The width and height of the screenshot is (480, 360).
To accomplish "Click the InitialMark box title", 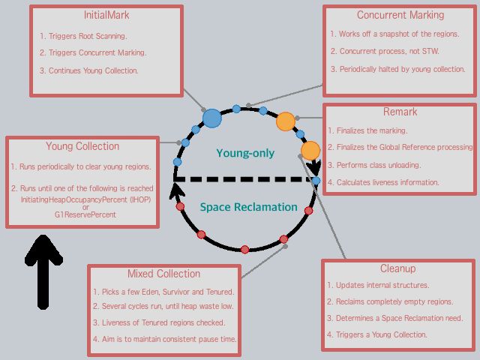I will click(105, 15).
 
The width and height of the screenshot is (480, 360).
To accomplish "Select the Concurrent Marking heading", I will click(400, 14).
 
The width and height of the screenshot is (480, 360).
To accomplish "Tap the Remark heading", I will click(400, 112).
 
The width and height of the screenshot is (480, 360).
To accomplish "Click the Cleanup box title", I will click(397, 268).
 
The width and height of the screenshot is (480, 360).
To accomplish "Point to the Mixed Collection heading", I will click(163, 274).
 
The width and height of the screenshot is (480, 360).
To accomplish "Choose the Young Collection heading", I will click(82, 146).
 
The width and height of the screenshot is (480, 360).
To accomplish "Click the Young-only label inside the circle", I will click(245, 153).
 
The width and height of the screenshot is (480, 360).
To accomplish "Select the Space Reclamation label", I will click(248, 207).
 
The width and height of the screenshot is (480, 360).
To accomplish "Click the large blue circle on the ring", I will click(212, 118).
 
